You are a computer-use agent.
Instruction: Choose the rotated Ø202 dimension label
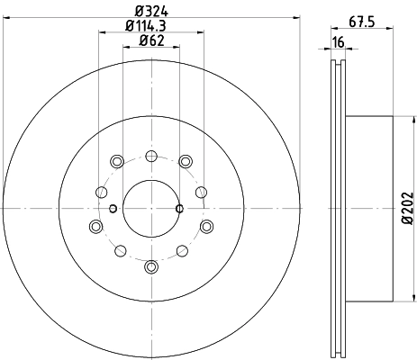point(403,209)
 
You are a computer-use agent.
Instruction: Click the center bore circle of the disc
point(150,209)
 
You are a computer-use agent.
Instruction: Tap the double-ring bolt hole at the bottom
point(150,266)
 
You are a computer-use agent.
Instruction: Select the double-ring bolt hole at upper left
point(116,161)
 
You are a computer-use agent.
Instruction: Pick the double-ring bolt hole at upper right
point(185,161)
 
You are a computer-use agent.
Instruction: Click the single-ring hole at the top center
point(150,156)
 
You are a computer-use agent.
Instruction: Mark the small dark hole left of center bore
point(113,209)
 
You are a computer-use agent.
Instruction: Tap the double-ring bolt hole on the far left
point(95,226)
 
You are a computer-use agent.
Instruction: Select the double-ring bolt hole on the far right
point(206,226)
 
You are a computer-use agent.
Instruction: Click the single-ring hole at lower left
point(119,250)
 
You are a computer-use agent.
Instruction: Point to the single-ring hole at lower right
point(182,250)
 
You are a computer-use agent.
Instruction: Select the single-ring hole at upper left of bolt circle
point(100,192)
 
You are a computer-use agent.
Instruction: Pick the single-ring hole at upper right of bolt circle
point(201,192)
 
